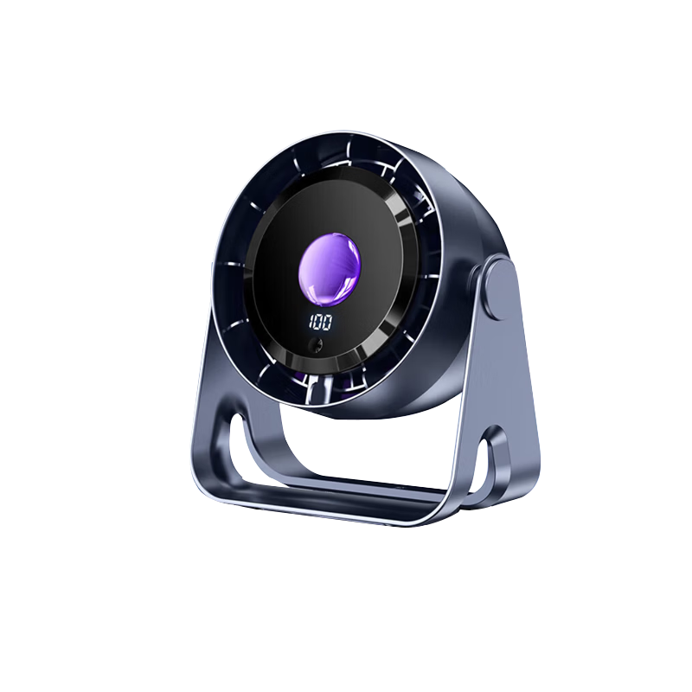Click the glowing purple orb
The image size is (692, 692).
(330, 270)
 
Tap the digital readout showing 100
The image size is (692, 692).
(320, 323)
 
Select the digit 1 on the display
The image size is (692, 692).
(311, 323)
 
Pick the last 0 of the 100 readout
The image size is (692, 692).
(328, 323)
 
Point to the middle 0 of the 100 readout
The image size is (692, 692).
(319, 323)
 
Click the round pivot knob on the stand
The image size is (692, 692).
(502, 290)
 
